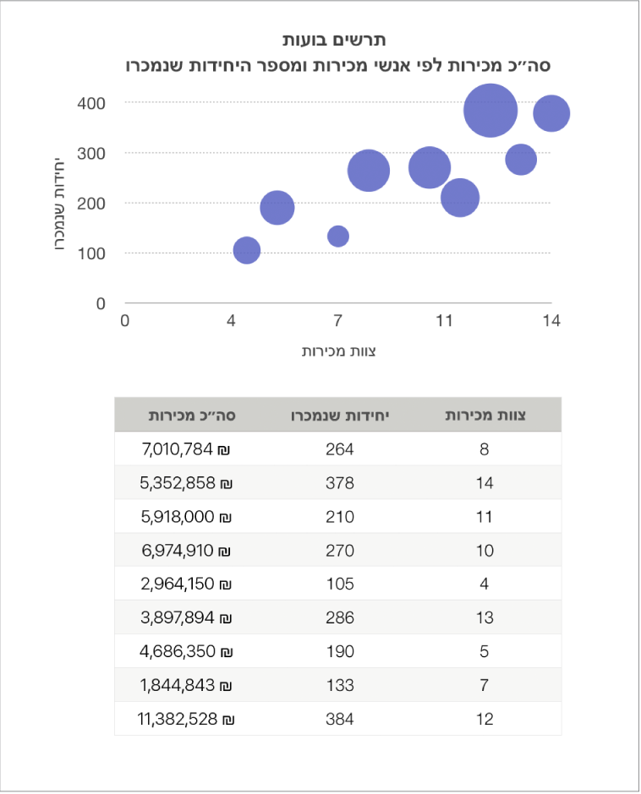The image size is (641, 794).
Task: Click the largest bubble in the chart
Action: pos(490,111)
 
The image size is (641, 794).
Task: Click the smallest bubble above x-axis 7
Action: pos(338,236)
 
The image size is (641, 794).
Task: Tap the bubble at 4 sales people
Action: pos(247,250)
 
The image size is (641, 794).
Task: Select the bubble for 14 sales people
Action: pos(551,113)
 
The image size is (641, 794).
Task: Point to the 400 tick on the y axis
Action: pos(91,103)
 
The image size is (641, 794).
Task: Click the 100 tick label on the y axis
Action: pos(91,253)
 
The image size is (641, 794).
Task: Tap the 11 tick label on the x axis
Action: pos(444,320)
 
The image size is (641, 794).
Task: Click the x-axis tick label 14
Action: pos(551,320)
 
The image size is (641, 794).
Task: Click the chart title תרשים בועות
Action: pos(334,40)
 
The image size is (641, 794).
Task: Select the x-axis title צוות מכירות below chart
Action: pos(338,351)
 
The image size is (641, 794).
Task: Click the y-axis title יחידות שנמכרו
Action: pos(59,203)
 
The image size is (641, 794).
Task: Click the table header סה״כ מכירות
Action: pos(192,416)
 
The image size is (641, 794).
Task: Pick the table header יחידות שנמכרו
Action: pos(340,416)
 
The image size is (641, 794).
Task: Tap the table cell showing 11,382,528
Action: pos(185,719)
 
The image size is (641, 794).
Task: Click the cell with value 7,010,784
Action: pos(185,449)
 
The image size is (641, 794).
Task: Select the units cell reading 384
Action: pos(340,719)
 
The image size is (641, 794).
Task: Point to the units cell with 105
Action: pos(340,584)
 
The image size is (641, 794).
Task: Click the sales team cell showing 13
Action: pos(485,617)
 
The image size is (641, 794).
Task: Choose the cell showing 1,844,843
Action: pos(185,685)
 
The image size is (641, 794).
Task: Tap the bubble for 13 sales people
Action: pos(521,160)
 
